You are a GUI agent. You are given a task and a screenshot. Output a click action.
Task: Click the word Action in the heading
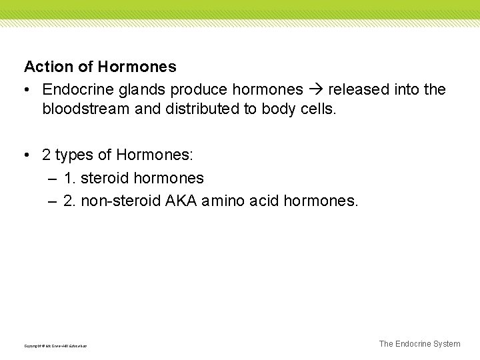pos(46,67)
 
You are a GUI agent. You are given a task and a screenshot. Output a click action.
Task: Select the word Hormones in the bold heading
pos(137,67)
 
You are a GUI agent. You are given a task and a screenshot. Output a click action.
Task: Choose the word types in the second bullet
pos(74,155)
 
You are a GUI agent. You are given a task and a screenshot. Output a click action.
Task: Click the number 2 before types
pos(46,155)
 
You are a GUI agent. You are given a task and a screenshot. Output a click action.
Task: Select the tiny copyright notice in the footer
pos(55,346)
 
